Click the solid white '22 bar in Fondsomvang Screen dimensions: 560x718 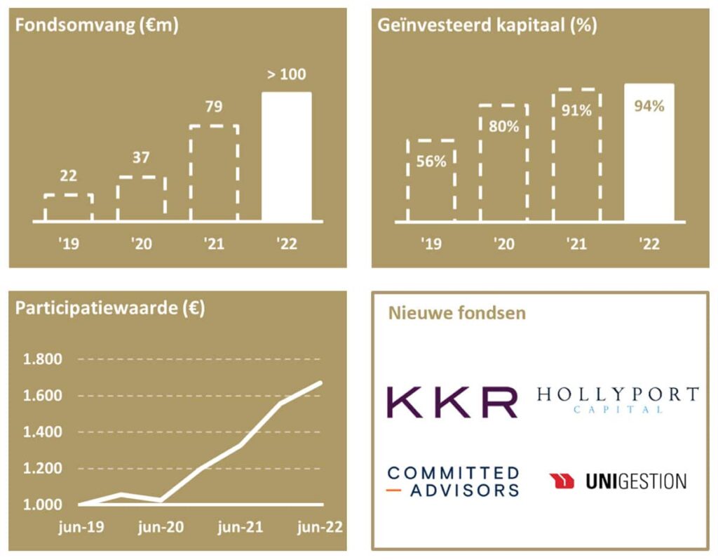[286, 156]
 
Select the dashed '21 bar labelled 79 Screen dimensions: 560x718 [214, 173]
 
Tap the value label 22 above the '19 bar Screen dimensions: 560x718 [68, 176]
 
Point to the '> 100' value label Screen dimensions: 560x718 [287, 74]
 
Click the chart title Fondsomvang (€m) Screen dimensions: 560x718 [97, 26]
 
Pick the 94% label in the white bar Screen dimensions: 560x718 [649, 107]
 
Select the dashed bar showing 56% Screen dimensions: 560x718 [431, 180]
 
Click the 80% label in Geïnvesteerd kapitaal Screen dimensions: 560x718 [504, 127]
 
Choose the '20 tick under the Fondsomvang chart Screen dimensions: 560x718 [141, 244]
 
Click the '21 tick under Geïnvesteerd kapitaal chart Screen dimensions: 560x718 [576, 244]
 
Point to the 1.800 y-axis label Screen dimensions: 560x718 [43, 359]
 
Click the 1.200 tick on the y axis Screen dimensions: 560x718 [43, 468]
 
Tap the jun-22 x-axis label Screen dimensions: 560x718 [318, 528]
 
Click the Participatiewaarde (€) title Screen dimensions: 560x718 [110, 309]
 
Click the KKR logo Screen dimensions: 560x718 [452, 401]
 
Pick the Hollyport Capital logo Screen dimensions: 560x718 [618, 398]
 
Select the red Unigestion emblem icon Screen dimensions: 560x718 [562, 481]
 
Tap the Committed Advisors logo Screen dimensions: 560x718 [453, 481]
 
